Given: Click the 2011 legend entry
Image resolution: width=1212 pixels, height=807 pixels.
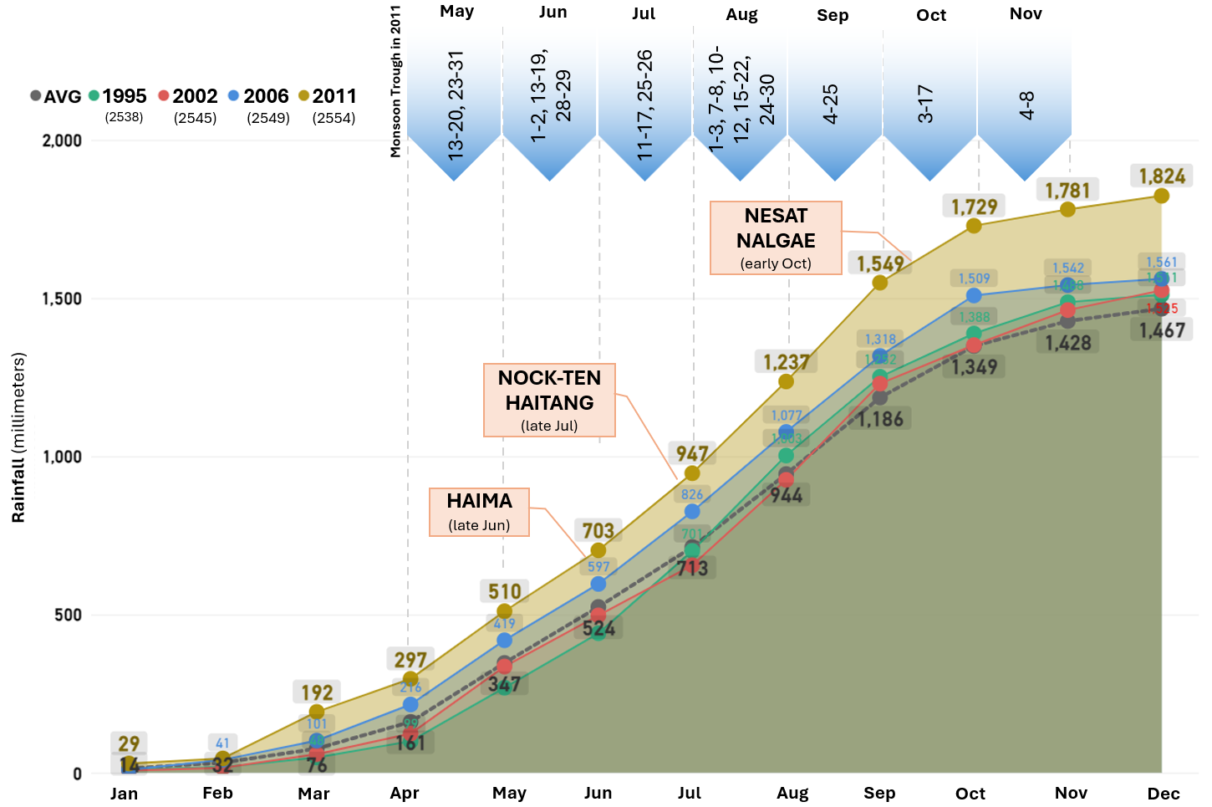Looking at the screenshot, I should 328,96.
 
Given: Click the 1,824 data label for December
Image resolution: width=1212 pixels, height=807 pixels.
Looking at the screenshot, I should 1162,176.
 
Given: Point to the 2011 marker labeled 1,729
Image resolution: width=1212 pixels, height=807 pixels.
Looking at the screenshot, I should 974,226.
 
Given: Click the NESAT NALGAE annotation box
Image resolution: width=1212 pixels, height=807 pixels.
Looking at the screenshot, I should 776,238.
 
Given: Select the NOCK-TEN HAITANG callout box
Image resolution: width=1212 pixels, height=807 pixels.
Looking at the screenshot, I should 549,400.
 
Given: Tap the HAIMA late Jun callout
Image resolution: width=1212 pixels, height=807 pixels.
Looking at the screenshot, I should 479,512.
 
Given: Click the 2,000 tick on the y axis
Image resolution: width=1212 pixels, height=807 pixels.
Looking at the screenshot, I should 62,140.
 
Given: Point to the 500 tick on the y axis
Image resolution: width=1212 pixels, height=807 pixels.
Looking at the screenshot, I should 68,615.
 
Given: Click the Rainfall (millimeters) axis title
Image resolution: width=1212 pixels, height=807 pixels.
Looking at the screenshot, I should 18,437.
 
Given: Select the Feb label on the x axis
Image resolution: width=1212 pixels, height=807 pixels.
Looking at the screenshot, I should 217,793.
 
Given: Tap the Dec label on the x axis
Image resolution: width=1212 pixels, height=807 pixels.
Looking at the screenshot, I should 1164,793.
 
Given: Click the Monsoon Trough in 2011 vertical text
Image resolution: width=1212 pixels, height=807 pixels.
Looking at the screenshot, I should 395,81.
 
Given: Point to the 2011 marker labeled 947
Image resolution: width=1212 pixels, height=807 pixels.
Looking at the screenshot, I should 692,473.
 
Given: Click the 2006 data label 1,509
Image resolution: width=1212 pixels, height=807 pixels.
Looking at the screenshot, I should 974,278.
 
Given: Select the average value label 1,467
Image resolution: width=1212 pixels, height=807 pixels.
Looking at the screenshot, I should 1162,330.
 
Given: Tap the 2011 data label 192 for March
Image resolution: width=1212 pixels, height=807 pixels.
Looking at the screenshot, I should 317,692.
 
